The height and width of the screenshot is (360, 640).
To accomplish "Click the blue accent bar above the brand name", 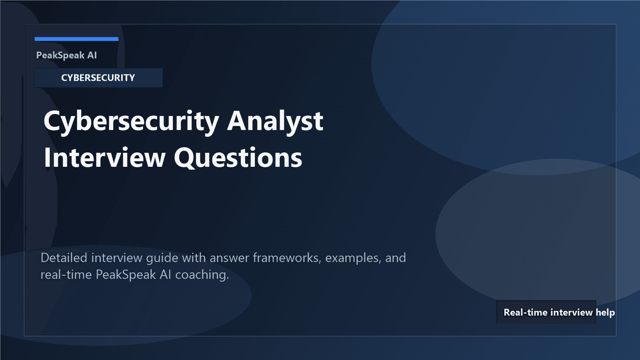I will (76, 39).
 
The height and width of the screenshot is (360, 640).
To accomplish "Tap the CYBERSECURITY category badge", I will (98, 78).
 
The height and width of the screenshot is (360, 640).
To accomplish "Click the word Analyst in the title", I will (275, 121).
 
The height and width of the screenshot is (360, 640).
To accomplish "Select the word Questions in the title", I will (238, 158).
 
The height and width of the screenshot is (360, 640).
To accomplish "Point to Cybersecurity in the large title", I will (131, 121).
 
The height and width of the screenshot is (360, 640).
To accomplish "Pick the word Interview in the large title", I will (105, 158).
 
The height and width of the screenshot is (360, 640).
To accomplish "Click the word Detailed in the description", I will (64, 258).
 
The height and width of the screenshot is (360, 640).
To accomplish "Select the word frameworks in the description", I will (287, 258).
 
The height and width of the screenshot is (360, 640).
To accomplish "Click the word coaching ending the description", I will (202, 275).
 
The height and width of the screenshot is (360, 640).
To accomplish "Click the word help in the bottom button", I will (605, 312).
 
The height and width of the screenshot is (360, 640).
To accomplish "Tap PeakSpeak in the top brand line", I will (60, 55).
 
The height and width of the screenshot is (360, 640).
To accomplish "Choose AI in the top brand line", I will (92, 55).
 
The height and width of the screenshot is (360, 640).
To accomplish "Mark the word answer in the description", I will (229, 258).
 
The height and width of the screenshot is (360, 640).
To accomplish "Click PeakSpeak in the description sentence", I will (126, 275).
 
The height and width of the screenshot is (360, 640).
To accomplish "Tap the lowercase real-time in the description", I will (66, 275).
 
